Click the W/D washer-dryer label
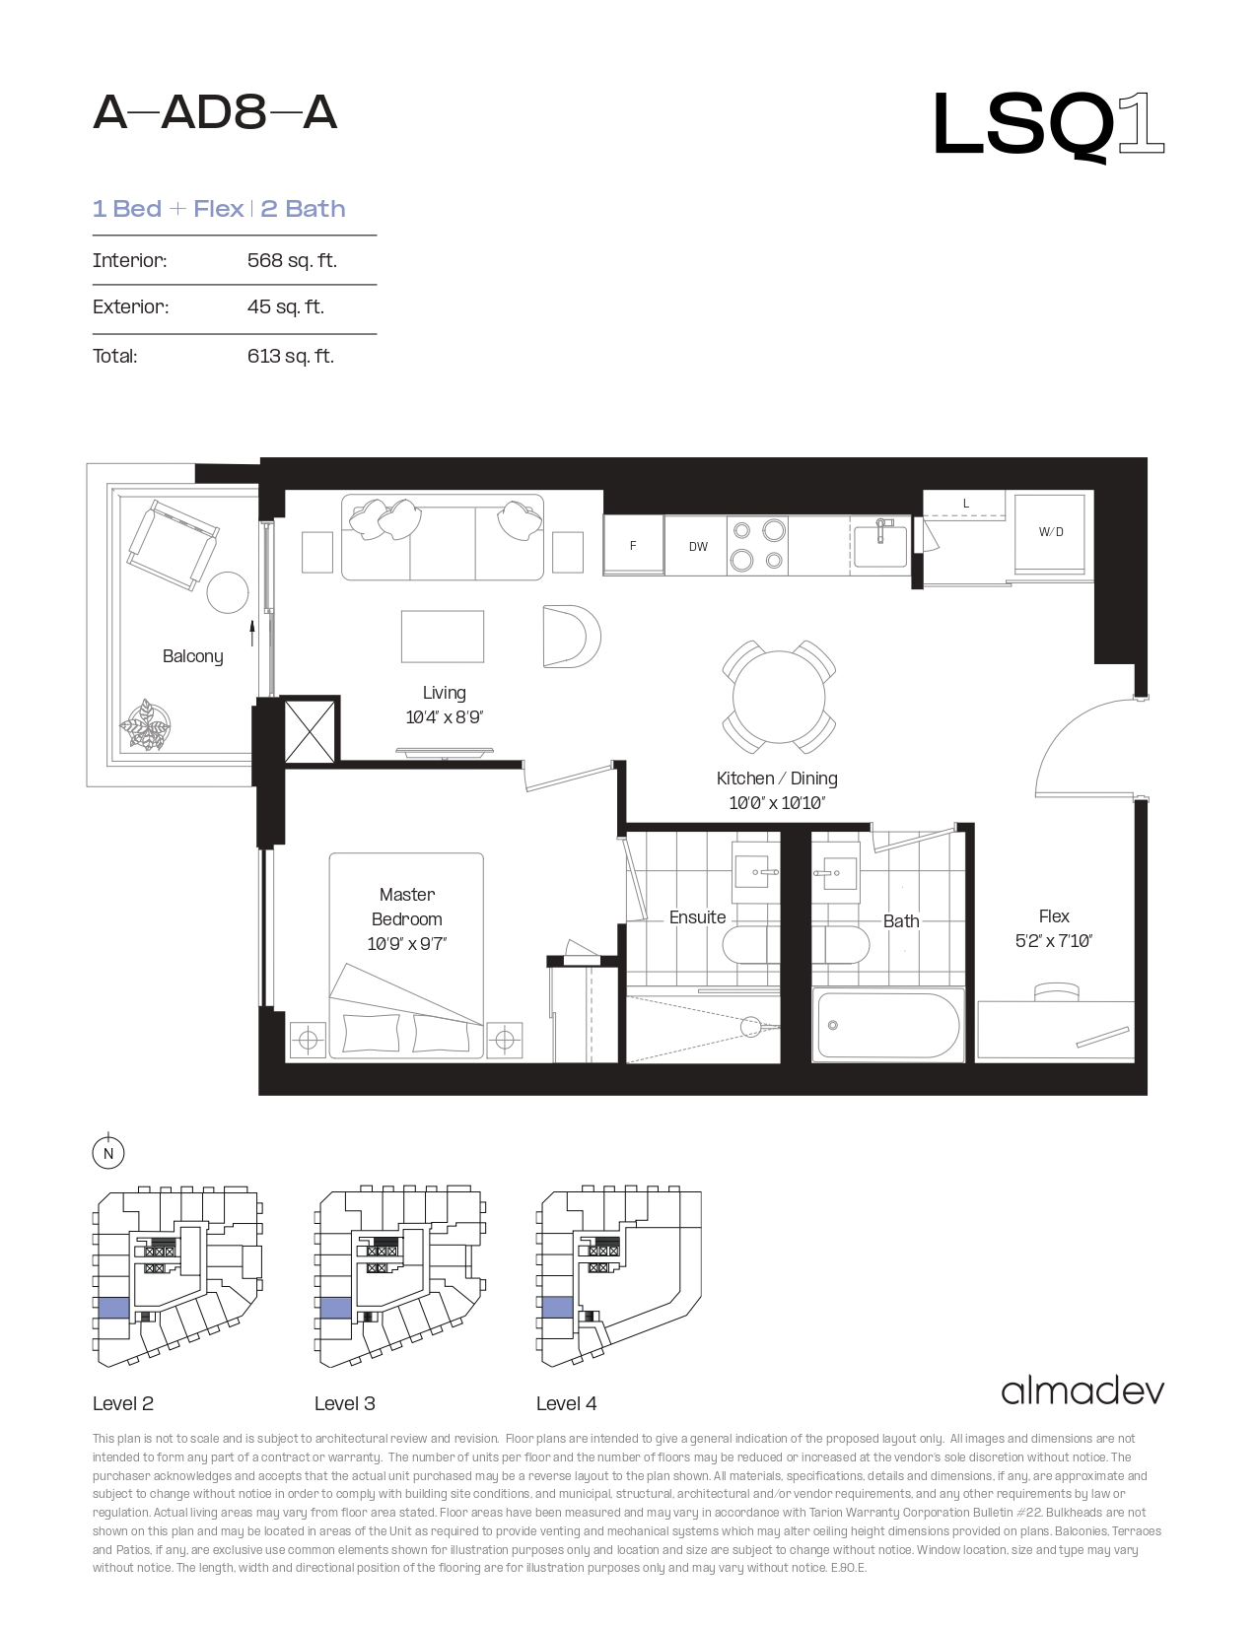click(1050, 532)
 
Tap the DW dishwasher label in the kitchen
click(698, 547)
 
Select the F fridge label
click(633, 546)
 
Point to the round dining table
click(779, 697)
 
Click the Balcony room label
click(192, 656)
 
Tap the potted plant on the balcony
click(145, 724)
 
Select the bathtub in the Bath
click(888, 1025)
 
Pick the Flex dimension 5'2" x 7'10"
click(1053, 940)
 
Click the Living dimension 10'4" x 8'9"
click(444, 716)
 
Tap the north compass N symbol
click(107, 1153)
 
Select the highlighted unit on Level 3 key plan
click(335, 1308)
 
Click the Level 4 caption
click(566, 1403)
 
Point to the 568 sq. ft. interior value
click(292, 260)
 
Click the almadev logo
click(1082, 1391)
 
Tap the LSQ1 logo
click(1048, 125)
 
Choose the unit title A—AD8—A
click(215, 113)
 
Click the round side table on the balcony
click(228, 592)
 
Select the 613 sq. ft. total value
click(291, 356)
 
